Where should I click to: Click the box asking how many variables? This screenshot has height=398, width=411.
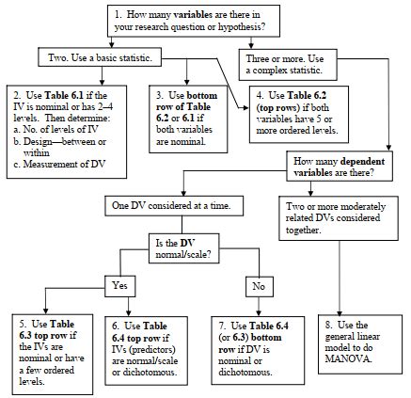point(206,21)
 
